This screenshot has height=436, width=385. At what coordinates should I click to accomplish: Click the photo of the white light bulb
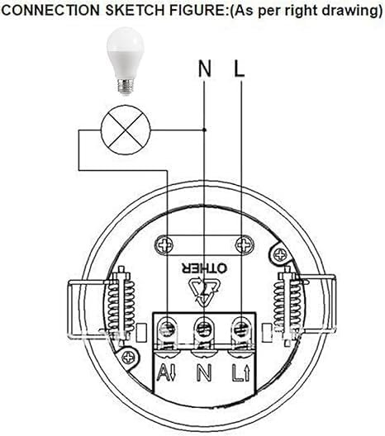point(126,61)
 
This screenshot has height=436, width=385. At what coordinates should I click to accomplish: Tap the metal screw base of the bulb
point(126,87)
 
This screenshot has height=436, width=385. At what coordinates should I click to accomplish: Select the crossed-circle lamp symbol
point(126,130)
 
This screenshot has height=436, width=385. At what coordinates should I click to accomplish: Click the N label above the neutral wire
point(204,69)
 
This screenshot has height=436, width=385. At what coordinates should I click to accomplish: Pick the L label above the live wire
point(239,69)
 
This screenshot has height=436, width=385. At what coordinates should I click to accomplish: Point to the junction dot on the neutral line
point(204,130)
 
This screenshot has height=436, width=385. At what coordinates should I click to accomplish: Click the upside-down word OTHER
point(204,268)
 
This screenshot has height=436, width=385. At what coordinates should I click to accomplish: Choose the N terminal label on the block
point(204,372)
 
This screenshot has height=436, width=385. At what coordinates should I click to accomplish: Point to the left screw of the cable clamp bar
point(164,245)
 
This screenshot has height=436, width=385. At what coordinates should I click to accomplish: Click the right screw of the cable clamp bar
point(245,245)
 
